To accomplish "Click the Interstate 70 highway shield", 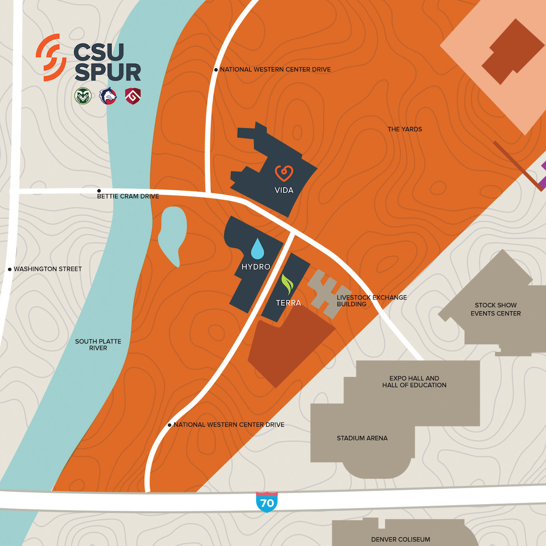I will point(267,502).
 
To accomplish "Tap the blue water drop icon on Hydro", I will point(258,248).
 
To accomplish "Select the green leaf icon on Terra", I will point(287,284).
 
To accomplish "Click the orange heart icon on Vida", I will point(284,173).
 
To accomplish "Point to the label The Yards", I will point(404,129).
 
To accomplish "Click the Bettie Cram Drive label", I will point(128,197).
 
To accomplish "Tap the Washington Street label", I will point(48,269).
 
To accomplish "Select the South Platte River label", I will point(98,344).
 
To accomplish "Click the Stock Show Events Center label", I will point(495,309).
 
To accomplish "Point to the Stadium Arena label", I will point(362,438).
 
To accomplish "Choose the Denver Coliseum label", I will point(400,540).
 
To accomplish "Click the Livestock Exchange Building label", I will point(372,301).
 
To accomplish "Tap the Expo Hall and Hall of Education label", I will point(414,382).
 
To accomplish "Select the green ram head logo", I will point(83,96).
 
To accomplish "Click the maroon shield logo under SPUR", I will point(133,96).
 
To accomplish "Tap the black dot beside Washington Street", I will point(10,269).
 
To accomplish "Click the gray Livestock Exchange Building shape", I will point(329,293).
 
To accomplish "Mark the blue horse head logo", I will point(108,96).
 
